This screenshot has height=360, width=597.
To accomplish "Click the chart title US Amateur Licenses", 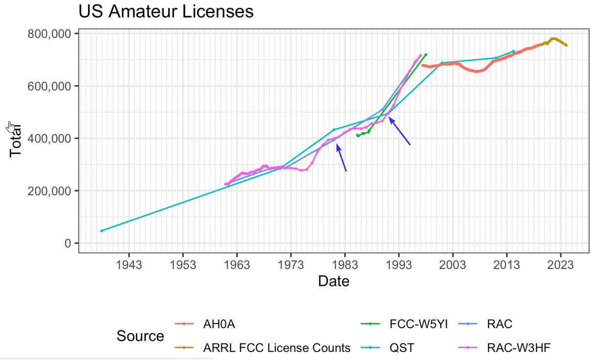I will coord(166,11).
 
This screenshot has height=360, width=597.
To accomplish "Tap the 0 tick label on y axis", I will coord(68,243).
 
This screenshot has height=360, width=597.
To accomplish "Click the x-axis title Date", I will coord(333,281).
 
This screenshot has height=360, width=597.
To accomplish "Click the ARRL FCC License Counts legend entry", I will coord(277,348).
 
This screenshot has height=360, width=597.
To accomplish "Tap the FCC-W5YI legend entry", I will coord(419,324).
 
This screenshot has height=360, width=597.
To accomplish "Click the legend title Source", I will coord(140,336).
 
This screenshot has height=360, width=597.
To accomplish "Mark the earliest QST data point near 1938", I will coord(102,230).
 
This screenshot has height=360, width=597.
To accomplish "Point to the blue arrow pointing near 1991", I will coord(399,131).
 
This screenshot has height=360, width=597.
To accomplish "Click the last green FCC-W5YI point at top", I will coord(426,54).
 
